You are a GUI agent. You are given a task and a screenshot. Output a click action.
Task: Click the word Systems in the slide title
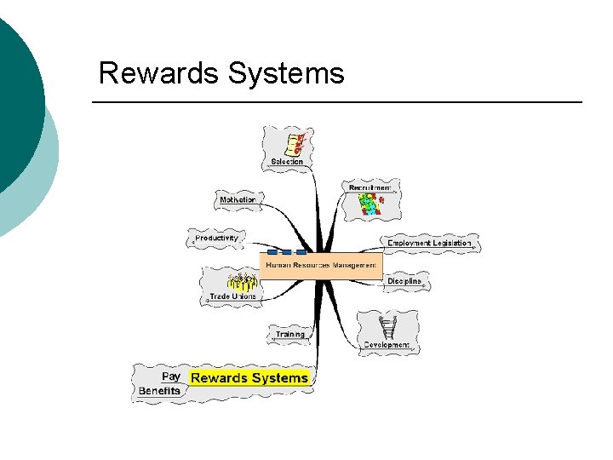[287, 73]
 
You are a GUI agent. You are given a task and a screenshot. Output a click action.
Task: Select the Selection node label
[287, 161]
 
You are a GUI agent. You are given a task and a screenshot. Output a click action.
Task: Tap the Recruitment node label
[370, 187]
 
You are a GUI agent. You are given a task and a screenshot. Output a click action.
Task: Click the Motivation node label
[238, 199]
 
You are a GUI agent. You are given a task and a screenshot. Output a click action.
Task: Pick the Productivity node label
[216, 239]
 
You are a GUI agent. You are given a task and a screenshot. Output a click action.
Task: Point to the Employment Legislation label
[429, 244]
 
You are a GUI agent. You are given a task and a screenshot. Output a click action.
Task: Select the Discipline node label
[404, 281]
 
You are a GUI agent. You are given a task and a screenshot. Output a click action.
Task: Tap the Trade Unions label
[233, 296]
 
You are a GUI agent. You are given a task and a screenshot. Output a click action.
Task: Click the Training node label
[289, 334]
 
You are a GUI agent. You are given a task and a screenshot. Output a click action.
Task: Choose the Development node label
[387, 345]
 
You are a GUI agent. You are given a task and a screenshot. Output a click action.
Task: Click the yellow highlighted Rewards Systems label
[249, 377]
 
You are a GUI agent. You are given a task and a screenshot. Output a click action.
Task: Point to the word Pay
[171, 376]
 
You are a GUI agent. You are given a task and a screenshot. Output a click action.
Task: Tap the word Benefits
[160, 391]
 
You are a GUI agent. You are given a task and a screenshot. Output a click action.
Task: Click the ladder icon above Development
[389, 326]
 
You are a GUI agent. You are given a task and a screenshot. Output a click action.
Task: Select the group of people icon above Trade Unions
[243, 281]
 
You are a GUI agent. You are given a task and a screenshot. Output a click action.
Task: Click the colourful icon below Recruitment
[370, 204]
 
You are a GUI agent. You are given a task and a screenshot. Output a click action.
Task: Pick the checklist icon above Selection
[295, 142]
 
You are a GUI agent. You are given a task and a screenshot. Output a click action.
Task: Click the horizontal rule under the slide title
[336, 102]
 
